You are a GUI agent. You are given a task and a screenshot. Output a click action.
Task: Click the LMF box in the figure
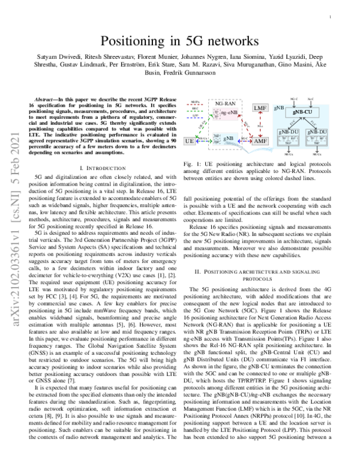coord(260,107)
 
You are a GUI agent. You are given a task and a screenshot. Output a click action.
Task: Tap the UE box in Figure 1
coord(190,141)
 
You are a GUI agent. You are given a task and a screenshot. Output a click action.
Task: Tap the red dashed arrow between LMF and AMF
coord(260,124)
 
